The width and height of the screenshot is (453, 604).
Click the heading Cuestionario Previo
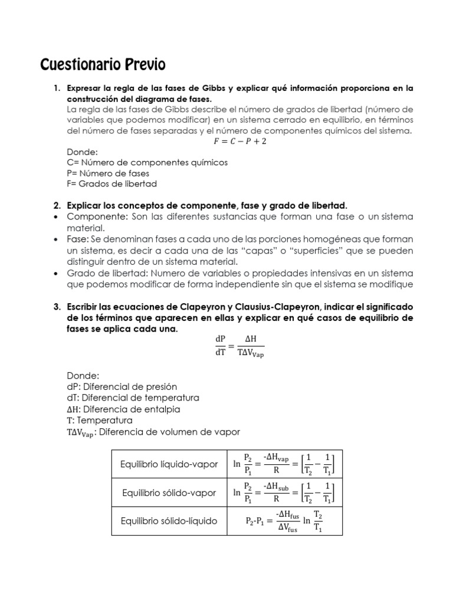[103, 64]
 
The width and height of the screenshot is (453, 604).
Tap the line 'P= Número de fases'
[108, 173]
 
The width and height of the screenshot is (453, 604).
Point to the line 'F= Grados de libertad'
[112, 183]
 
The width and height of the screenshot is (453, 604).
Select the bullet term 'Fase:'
[78, 239]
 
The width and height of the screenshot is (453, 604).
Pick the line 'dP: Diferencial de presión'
[122, 387]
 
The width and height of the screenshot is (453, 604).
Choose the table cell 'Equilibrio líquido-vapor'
[169, 464]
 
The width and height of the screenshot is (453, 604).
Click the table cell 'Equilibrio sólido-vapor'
[169, 493]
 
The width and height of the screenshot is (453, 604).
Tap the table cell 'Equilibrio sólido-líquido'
[169, 521]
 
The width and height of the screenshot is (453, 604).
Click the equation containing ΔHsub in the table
[284, 493]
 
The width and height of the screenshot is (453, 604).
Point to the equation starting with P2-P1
[284, 521]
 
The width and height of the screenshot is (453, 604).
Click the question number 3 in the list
[57, 307]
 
